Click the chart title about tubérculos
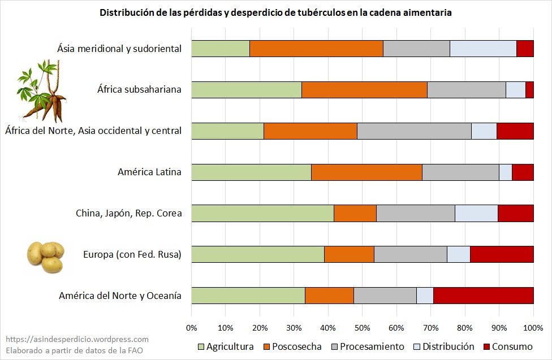click(x=275, y=12)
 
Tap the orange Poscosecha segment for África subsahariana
click(x=364, y=90)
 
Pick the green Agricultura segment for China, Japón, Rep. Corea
click(x=262, y=213)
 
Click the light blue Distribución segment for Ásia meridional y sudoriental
click(x=483, y=49)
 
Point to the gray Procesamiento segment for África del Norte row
click(x=414, y=131)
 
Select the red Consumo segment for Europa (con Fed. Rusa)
click(x=502, y=254)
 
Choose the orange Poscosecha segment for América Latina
click(x=366, y=172)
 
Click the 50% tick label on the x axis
click(x=363, y=328)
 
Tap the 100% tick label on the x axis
click(x=533, y=328)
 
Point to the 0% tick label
click(x=192, y=328)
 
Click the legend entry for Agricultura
click(x=230, y=346)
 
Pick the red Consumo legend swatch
click(x=488, y=346)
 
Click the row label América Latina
click(x=149, y=172)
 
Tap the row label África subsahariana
click(x=139, y=90)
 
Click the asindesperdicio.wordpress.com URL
click(x=77, y=339)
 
